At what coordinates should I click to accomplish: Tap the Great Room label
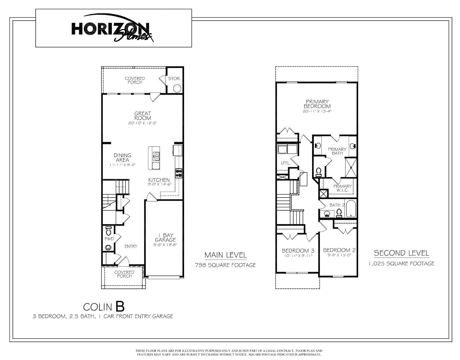[143, 116]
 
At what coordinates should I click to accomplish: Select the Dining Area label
[122, 157]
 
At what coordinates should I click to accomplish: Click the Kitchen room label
[159, 180]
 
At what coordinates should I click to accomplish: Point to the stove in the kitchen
[178, 173]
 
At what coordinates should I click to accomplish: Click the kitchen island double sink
[156, 156]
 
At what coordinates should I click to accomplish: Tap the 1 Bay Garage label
[165, 238]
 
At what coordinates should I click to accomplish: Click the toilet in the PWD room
[108, 230]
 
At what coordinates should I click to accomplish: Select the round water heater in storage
[177, 88]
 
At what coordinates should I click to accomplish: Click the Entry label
[131, 246]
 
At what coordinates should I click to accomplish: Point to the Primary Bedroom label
[317, 104]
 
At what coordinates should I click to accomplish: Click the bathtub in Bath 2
[351, 209]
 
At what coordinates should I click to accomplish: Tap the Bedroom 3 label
[298, 251]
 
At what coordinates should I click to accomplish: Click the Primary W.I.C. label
[342, 188]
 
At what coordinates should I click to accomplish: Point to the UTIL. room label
[286, 163]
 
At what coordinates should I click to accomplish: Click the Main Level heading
[225, 255]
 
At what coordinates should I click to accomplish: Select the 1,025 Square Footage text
[401, 263]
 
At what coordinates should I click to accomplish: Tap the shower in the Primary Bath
[351, 168]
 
